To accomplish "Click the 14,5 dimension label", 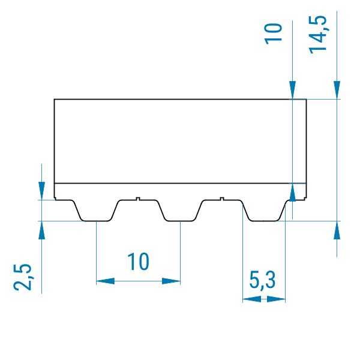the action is [x=318, y=34].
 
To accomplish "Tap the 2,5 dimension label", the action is [x=22, y=277].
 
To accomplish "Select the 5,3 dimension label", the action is [x=262, y=280].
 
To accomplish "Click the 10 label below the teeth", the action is [x=138, y=261].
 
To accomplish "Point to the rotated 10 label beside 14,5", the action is [x=273, y=34].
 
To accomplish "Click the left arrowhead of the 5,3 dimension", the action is [x=252, y=299].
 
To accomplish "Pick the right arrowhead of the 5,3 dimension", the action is [x=276, y=299].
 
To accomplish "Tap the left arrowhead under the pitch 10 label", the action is [x=106, y=281].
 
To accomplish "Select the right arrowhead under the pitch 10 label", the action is [x=171, y=281].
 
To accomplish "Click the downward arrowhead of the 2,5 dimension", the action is [x=41, y=191].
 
